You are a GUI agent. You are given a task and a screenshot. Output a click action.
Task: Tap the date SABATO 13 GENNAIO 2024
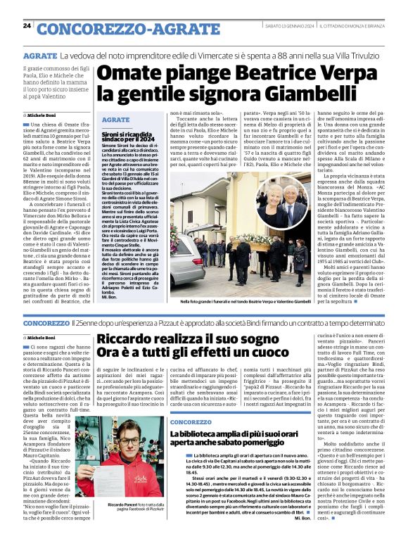(288, 27)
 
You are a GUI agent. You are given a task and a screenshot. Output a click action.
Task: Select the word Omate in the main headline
(124, 73)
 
